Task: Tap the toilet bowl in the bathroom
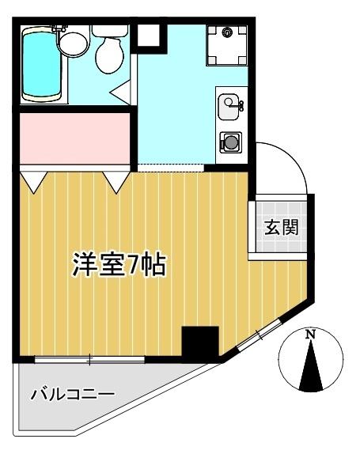point(108,53)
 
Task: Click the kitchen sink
point(229,103)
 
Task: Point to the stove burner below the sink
point(231,142)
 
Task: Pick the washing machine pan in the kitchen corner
point(228,44)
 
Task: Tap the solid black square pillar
point(199,342)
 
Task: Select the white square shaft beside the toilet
point(148,36)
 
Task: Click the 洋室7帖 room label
point(119,265)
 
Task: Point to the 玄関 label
point(280,228)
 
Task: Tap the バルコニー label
point(73,393)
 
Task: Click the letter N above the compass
point(311,335)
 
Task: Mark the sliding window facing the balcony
point(89,360)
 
